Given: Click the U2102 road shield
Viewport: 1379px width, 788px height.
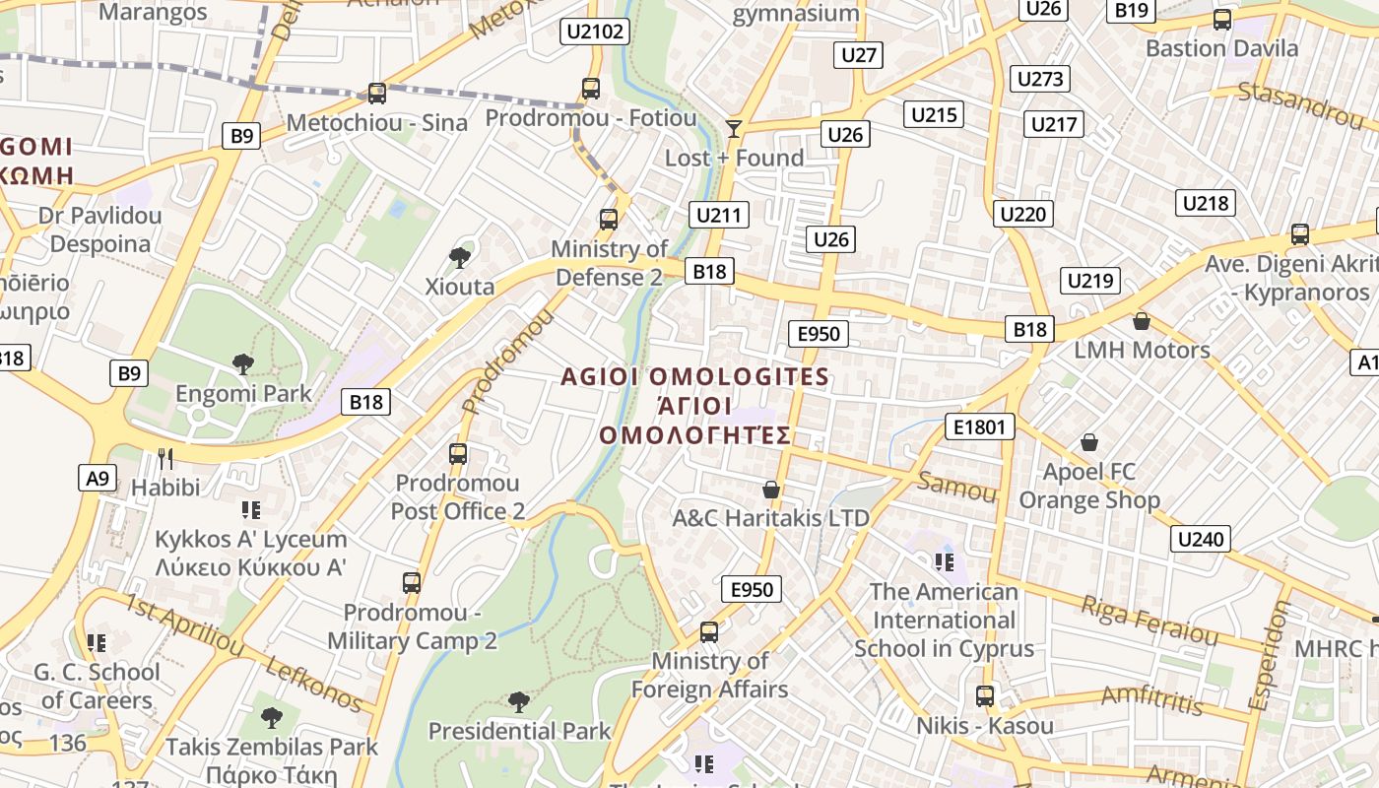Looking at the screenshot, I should coord(595,32).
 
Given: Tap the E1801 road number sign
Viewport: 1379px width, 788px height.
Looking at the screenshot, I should coord(979,427).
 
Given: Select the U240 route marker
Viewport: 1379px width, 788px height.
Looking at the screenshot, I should coord(1201,539).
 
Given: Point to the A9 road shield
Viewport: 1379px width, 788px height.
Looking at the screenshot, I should coord(97,479).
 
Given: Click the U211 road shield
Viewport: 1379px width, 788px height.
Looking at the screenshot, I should coord(721,215).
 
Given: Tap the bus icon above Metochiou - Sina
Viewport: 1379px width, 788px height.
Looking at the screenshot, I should coord(376,94).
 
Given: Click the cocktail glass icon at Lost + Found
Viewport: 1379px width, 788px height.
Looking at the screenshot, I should coord(733,128).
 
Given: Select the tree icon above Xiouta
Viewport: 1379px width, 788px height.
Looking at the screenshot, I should coord(459,258).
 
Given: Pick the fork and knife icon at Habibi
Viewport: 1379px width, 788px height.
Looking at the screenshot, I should coord(165,458).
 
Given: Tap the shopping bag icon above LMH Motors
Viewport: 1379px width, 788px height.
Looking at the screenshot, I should coord(1141,321).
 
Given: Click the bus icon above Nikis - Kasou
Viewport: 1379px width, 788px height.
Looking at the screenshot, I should coord(984,696).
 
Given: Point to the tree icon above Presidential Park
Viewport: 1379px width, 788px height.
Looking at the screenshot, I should coord(518,702).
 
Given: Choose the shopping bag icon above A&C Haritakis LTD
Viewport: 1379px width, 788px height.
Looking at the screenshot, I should coord(771,490).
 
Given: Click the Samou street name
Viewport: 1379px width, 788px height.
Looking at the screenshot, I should coord(956,486).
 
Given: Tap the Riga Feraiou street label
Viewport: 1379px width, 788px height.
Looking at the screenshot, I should coord(1149,620).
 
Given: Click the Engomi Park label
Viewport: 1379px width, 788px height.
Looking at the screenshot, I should coord(243,394).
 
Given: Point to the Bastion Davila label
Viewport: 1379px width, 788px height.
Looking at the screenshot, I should coord(1221,48).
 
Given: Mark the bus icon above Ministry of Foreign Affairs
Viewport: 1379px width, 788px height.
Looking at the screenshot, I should coord(709,632).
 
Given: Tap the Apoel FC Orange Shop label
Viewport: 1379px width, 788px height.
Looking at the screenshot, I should coord(1088,487).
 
